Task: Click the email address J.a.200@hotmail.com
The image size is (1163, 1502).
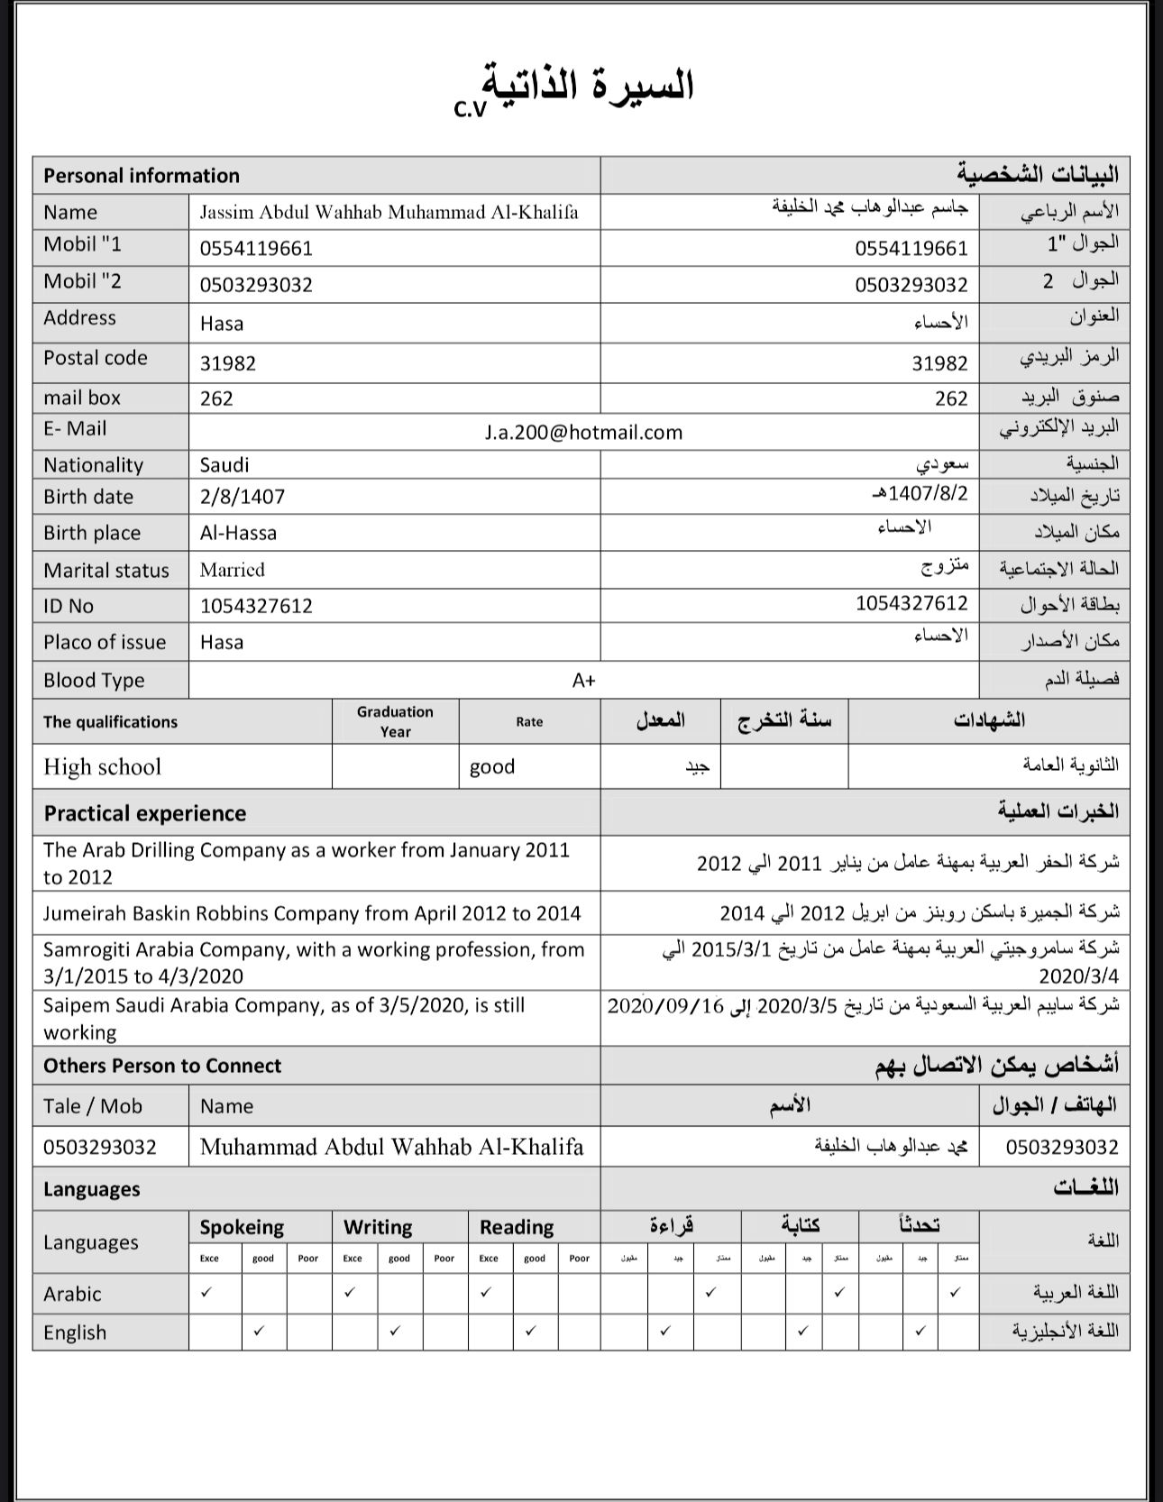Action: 583,433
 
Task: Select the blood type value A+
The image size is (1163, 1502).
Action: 583,681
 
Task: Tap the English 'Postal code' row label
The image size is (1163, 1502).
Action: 96,358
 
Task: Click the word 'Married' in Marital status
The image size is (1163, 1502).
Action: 233,570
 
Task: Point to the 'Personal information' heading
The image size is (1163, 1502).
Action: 142,176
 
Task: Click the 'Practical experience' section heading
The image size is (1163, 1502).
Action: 145,813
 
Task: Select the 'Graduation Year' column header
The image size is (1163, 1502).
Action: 395,721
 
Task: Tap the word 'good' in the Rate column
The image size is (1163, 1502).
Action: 492,767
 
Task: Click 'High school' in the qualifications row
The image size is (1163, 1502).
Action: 102,767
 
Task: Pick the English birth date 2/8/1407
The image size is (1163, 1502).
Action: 243,497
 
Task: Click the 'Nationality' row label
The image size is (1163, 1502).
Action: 94,465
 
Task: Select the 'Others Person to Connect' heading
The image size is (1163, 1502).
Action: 162,1066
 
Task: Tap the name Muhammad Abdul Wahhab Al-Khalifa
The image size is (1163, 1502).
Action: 392,1147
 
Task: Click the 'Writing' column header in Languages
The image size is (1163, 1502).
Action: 378,1227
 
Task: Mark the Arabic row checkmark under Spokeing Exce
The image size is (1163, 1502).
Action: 206,1293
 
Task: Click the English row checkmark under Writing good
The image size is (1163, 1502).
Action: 395,1331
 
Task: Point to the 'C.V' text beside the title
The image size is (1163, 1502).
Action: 470,109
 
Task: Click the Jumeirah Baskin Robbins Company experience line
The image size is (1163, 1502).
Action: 312,913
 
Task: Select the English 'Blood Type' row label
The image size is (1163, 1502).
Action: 94,681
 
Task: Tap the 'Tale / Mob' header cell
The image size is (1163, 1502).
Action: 93,1106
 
